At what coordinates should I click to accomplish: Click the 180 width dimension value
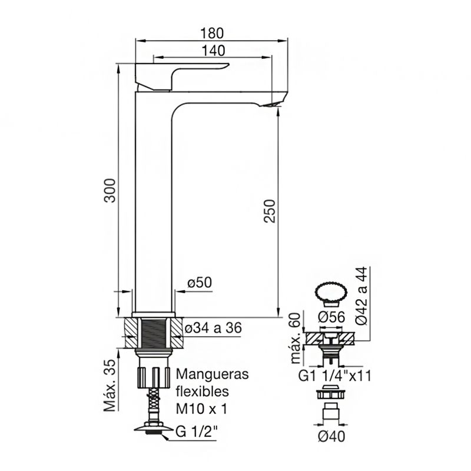coord(212,33)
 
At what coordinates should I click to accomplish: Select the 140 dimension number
coord(213,51)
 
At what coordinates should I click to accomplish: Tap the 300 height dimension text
coord(110,190)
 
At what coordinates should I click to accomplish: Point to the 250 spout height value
coord(270,211)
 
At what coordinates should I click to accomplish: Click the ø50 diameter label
coord(200,283)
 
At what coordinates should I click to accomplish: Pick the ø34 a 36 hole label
coord(213,328)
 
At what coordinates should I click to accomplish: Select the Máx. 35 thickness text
coord(110,386)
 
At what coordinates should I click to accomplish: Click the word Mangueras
coord(212,374)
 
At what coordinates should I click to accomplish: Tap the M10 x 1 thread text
coord(201,409)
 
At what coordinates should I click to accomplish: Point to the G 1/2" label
coord(196,432)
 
